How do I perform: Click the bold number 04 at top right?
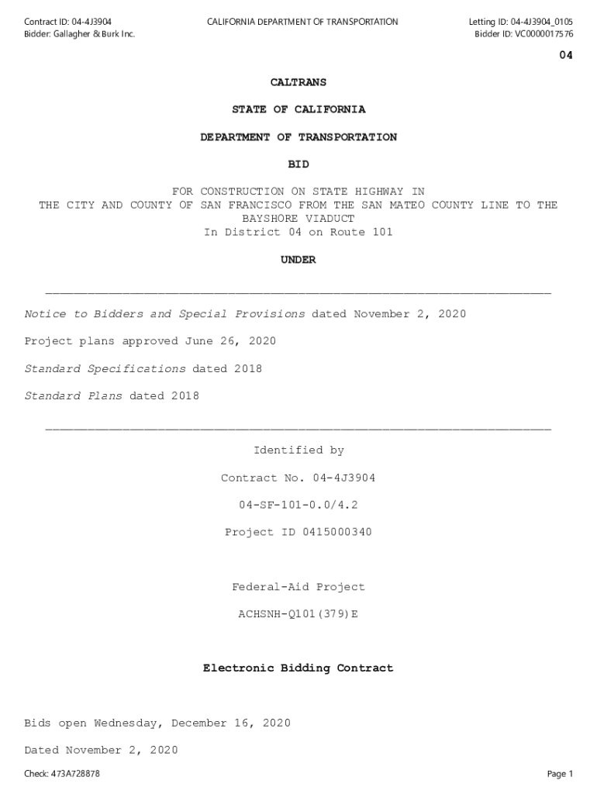566,56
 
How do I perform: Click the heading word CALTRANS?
298,82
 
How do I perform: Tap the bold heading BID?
298,164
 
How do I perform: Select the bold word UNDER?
298,261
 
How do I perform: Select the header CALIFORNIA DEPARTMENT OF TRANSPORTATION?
302,22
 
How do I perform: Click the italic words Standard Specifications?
105,369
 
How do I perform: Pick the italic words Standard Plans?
73,396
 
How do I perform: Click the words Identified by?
298,451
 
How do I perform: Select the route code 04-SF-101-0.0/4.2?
298,505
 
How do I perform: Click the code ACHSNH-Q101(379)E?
298,614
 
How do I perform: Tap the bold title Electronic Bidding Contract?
298,668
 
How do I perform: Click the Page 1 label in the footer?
560,774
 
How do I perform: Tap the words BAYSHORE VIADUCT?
298,219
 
